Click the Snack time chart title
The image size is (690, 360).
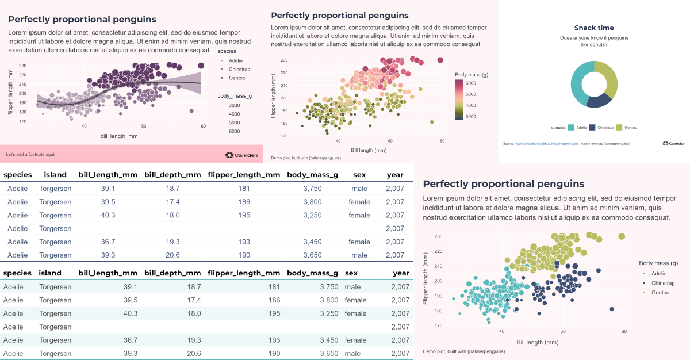coord(594,28)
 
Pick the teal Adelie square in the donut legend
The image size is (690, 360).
coord(572,127)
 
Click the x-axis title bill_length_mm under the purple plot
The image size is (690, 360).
coord(119,136)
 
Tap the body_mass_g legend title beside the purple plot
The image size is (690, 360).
coord(235,96)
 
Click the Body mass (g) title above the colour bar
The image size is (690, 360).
coord(471,74)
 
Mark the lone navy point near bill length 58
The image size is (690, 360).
coord(612,309)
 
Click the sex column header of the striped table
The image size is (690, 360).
coord(351,273)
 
